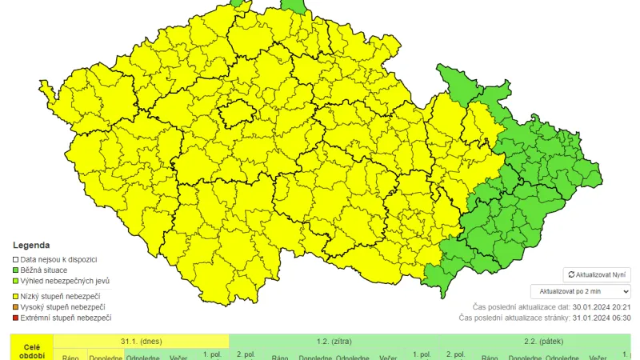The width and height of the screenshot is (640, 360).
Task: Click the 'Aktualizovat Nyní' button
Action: pyautogui.click(x=597, y=274)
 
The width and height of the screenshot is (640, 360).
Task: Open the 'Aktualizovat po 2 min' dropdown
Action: pyautogui.click(x=580, y=292)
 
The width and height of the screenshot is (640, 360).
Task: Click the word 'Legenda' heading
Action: pyautogui.click(x=31, y=246)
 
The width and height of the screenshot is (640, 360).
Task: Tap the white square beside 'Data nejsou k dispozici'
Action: pyautogui.click(x=15, y=260)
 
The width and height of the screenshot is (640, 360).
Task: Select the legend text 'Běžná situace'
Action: pyautogui.click(x=45, y=270)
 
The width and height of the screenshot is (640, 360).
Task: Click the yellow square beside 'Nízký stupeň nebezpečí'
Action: pyautogui.click(x=15, y=297)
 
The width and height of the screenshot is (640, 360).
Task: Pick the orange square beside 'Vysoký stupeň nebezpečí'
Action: pyautogui.click(x=15, y=307)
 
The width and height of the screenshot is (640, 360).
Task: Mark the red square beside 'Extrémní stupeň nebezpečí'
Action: pyautogui.click(x=15, y=318)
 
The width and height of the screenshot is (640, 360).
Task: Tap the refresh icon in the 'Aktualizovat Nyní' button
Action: pyautogui.click(x=571, y=274)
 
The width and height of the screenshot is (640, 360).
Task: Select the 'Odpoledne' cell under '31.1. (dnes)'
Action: pyautogui.click(x=144, y=357)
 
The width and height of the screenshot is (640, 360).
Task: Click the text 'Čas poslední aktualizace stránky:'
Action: pyautogui.click(x=514, y=318)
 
